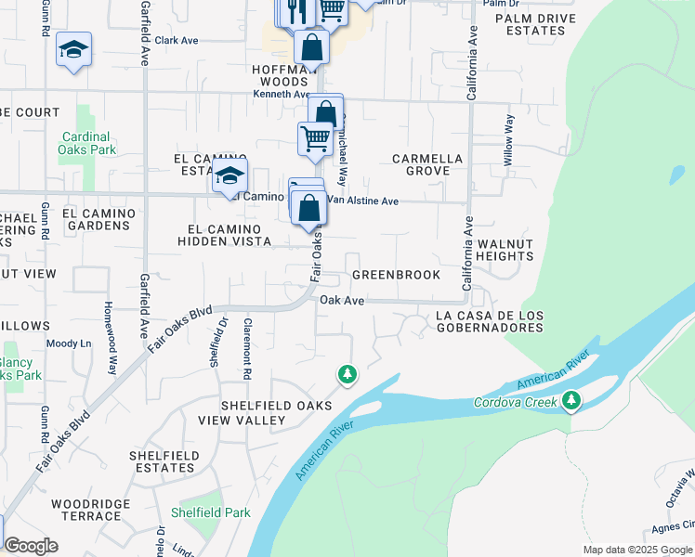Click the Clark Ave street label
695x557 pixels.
pyautogui.click(x=177, y=41)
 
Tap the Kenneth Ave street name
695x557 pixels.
pyautogui.click(x=281, y=95)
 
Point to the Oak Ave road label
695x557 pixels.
pyautogui.click(x=341, y=301)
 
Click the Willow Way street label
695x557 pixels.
pyautogui.click(x=509, y=141)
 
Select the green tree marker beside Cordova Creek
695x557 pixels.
pyautogui.click(x=571, y=401)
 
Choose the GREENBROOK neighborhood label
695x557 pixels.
pyautogui.click(x=396, y=276)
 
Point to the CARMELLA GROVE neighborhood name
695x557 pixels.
pyautogui.click(x=427, y=164)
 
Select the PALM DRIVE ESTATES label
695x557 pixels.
pyautogui.click(x=530, y=24)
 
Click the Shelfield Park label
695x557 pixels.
pyautogui.click(x=211, y=512)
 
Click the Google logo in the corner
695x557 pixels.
pyautogui.click(x=32, y=547)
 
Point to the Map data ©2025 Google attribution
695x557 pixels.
pyautogui.click(x=637, y=550)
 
